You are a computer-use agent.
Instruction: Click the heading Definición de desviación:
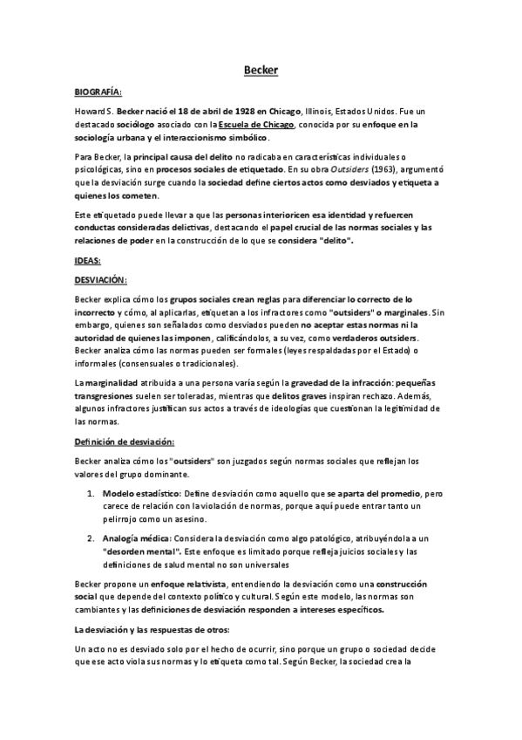[x=125, y=443]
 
